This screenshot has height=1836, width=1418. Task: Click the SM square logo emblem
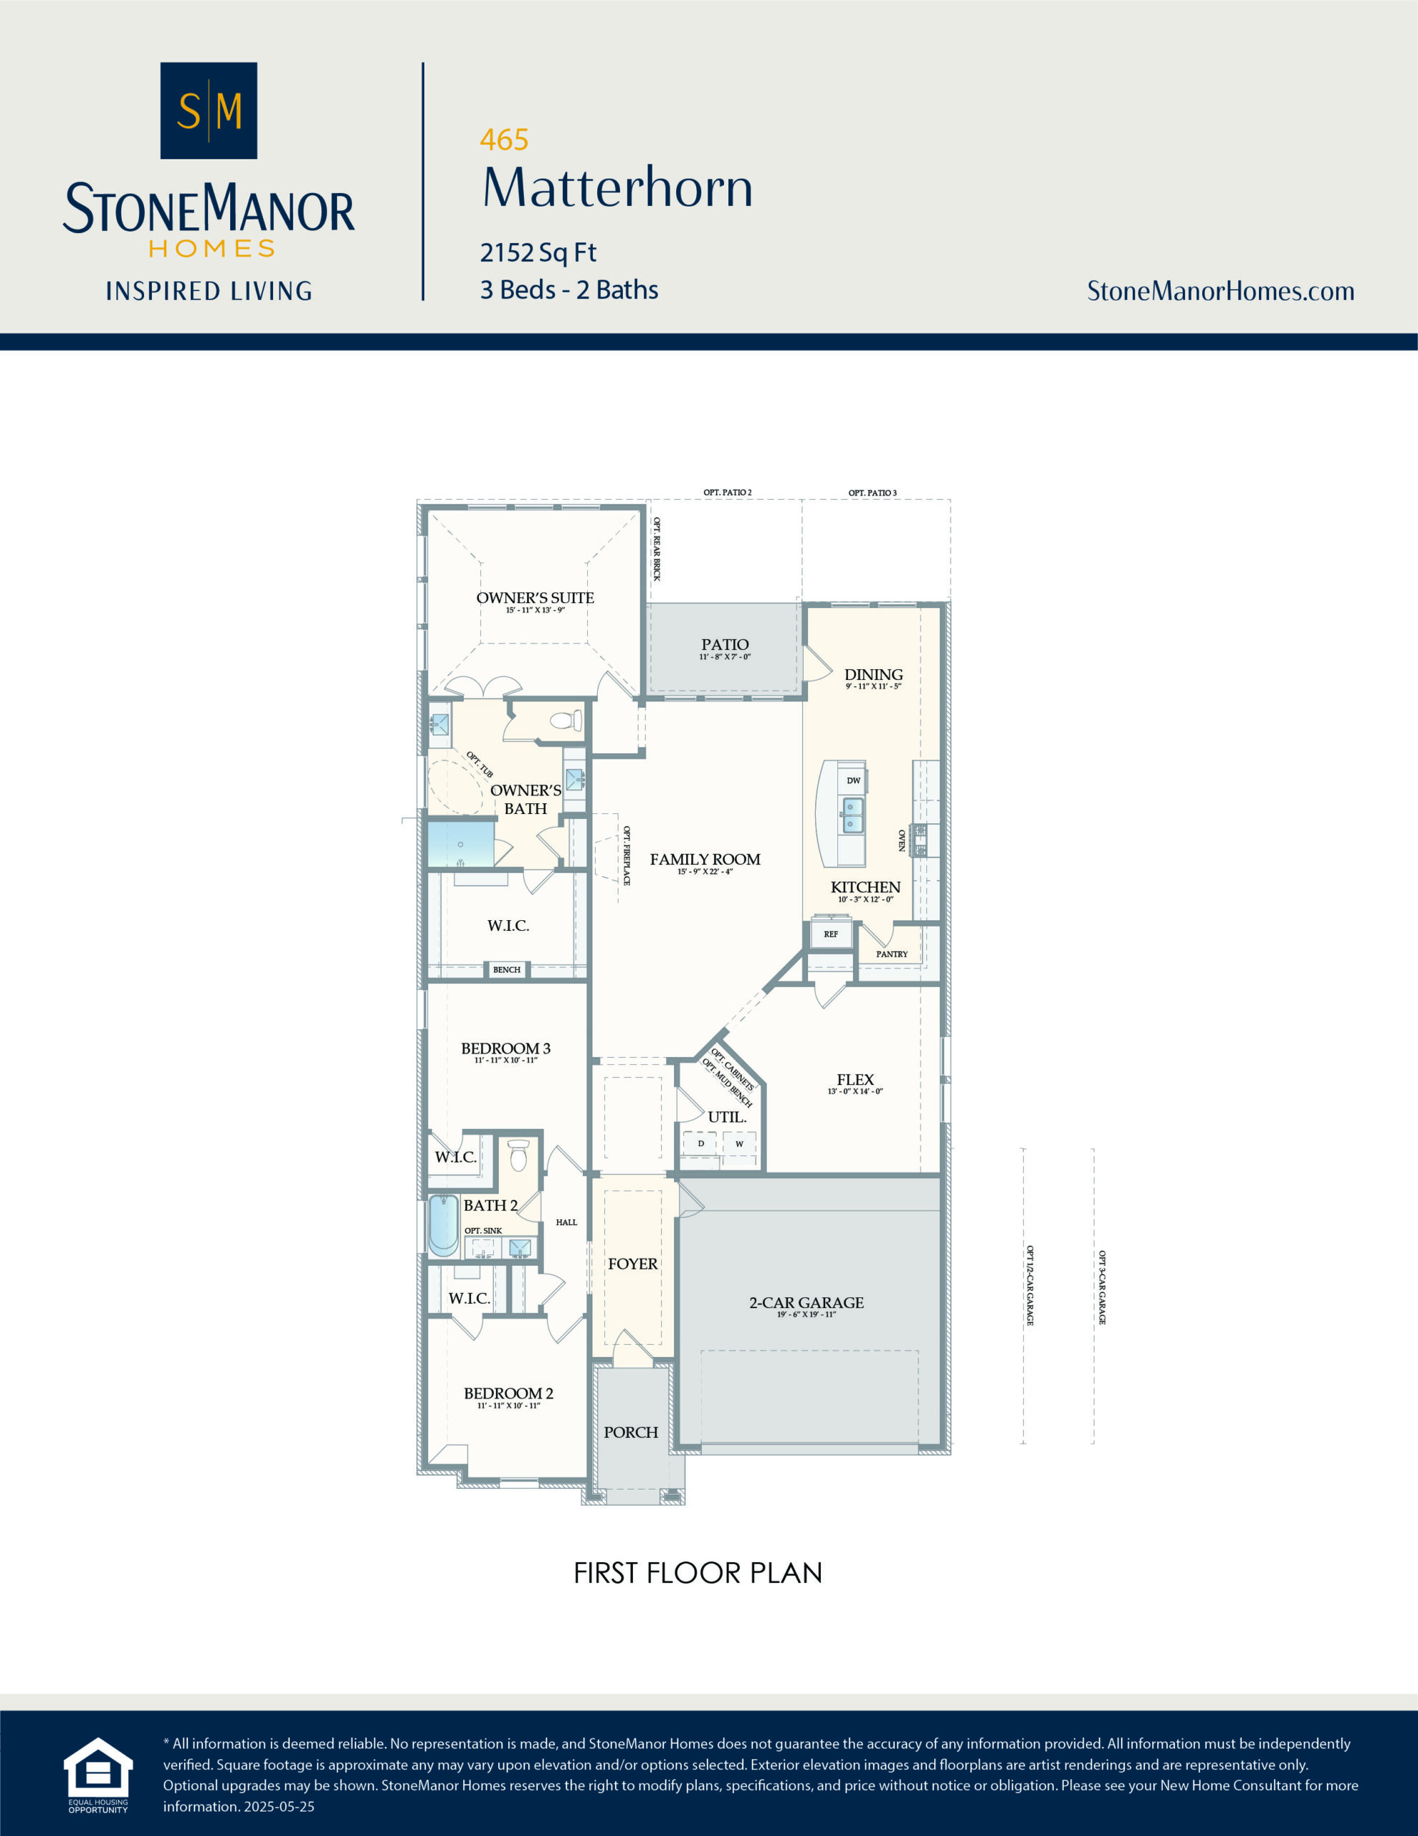point(209,110)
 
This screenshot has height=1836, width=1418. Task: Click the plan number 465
point(503,140)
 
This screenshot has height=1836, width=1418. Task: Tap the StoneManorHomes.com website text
point(1219,291)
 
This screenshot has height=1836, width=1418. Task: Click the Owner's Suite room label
point(535,597)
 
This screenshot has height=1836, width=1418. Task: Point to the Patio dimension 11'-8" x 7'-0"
point(724,656)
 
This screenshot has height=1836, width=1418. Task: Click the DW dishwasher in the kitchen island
point(853,780)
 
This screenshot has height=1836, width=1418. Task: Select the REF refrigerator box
point(830,934)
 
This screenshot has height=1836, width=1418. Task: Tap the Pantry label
point(891,954)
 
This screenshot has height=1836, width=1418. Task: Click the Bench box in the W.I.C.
point(506,970)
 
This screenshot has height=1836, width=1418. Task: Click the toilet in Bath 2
point(518,1155)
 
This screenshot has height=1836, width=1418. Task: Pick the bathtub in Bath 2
point(444,1225)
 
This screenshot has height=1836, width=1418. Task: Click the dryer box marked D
point(700,1143)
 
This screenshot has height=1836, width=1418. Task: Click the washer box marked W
point(739,1144)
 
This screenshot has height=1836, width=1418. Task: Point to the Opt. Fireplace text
point(627,856)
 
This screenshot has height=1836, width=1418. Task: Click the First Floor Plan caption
point(697,1573)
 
